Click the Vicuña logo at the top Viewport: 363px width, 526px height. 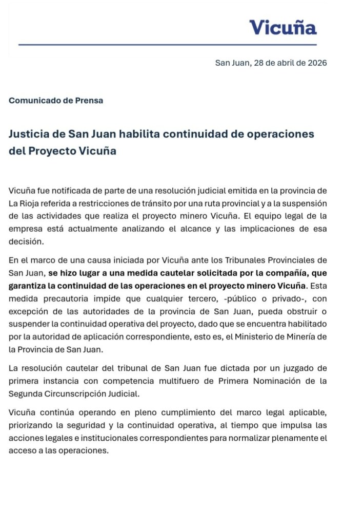(x=283, y=27)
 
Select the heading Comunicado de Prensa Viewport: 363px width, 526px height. (x=56, y=101)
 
